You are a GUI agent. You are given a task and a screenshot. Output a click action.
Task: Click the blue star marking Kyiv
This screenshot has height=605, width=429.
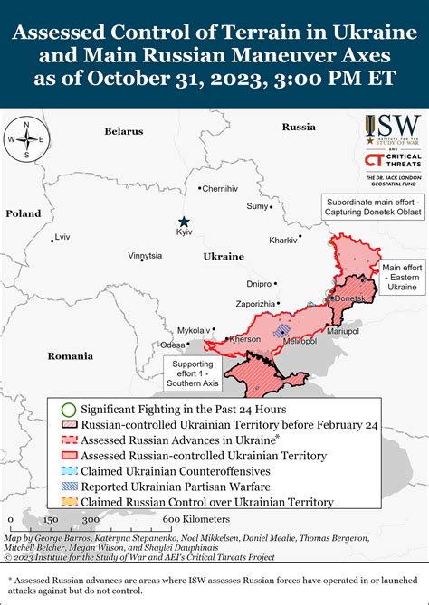point(184,222)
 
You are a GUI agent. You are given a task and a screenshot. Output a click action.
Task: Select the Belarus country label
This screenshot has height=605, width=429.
point(123,131)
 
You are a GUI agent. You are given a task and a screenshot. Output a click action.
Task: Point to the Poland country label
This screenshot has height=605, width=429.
point(24,213)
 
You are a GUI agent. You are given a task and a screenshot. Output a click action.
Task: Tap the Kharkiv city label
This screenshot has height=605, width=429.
point(283,241)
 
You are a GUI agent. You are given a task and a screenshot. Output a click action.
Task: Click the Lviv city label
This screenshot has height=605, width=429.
point(62,237)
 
